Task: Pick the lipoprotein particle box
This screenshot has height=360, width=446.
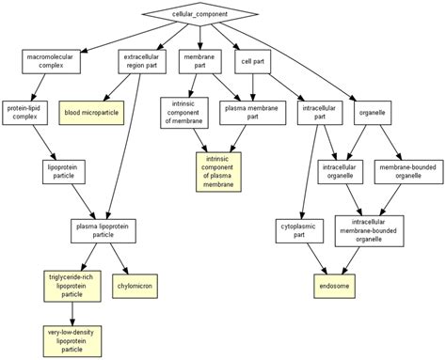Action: coord(64,171)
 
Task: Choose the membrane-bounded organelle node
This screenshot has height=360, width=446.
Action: coord(407,171)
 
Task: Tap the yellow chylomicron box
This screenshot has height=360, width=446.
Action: coord(135,282)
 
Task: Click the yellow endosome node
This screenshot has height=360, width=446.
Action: coord(333,282)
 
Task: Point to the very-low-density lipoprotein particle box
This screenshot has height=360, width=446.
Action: coord(72,340)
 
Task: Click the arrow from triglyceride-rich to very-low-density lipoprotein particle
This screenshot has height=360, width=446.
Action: coord(72,311)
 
